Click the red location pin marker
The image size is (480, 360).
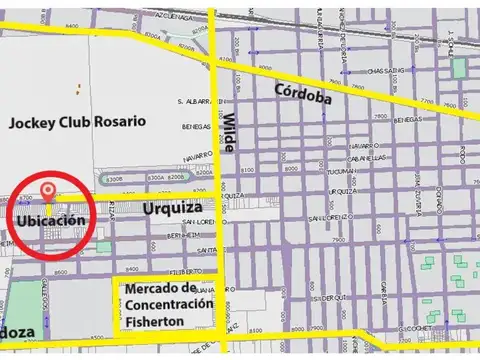(x=47, y=192)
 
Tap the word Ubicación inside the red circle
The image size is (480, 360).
(x=49, y=219)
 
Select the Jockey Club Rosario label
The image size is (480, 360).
(x=77, y=121)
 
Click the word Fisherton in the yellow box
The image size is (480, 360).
(x=166, y=323)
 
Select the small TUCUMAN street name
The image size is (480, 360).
(x=367, y=171)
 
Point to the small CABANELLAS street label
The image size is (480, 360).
(x=368, y=158)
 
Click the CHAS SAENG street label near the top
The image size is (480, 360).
(x=389, y=71)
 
